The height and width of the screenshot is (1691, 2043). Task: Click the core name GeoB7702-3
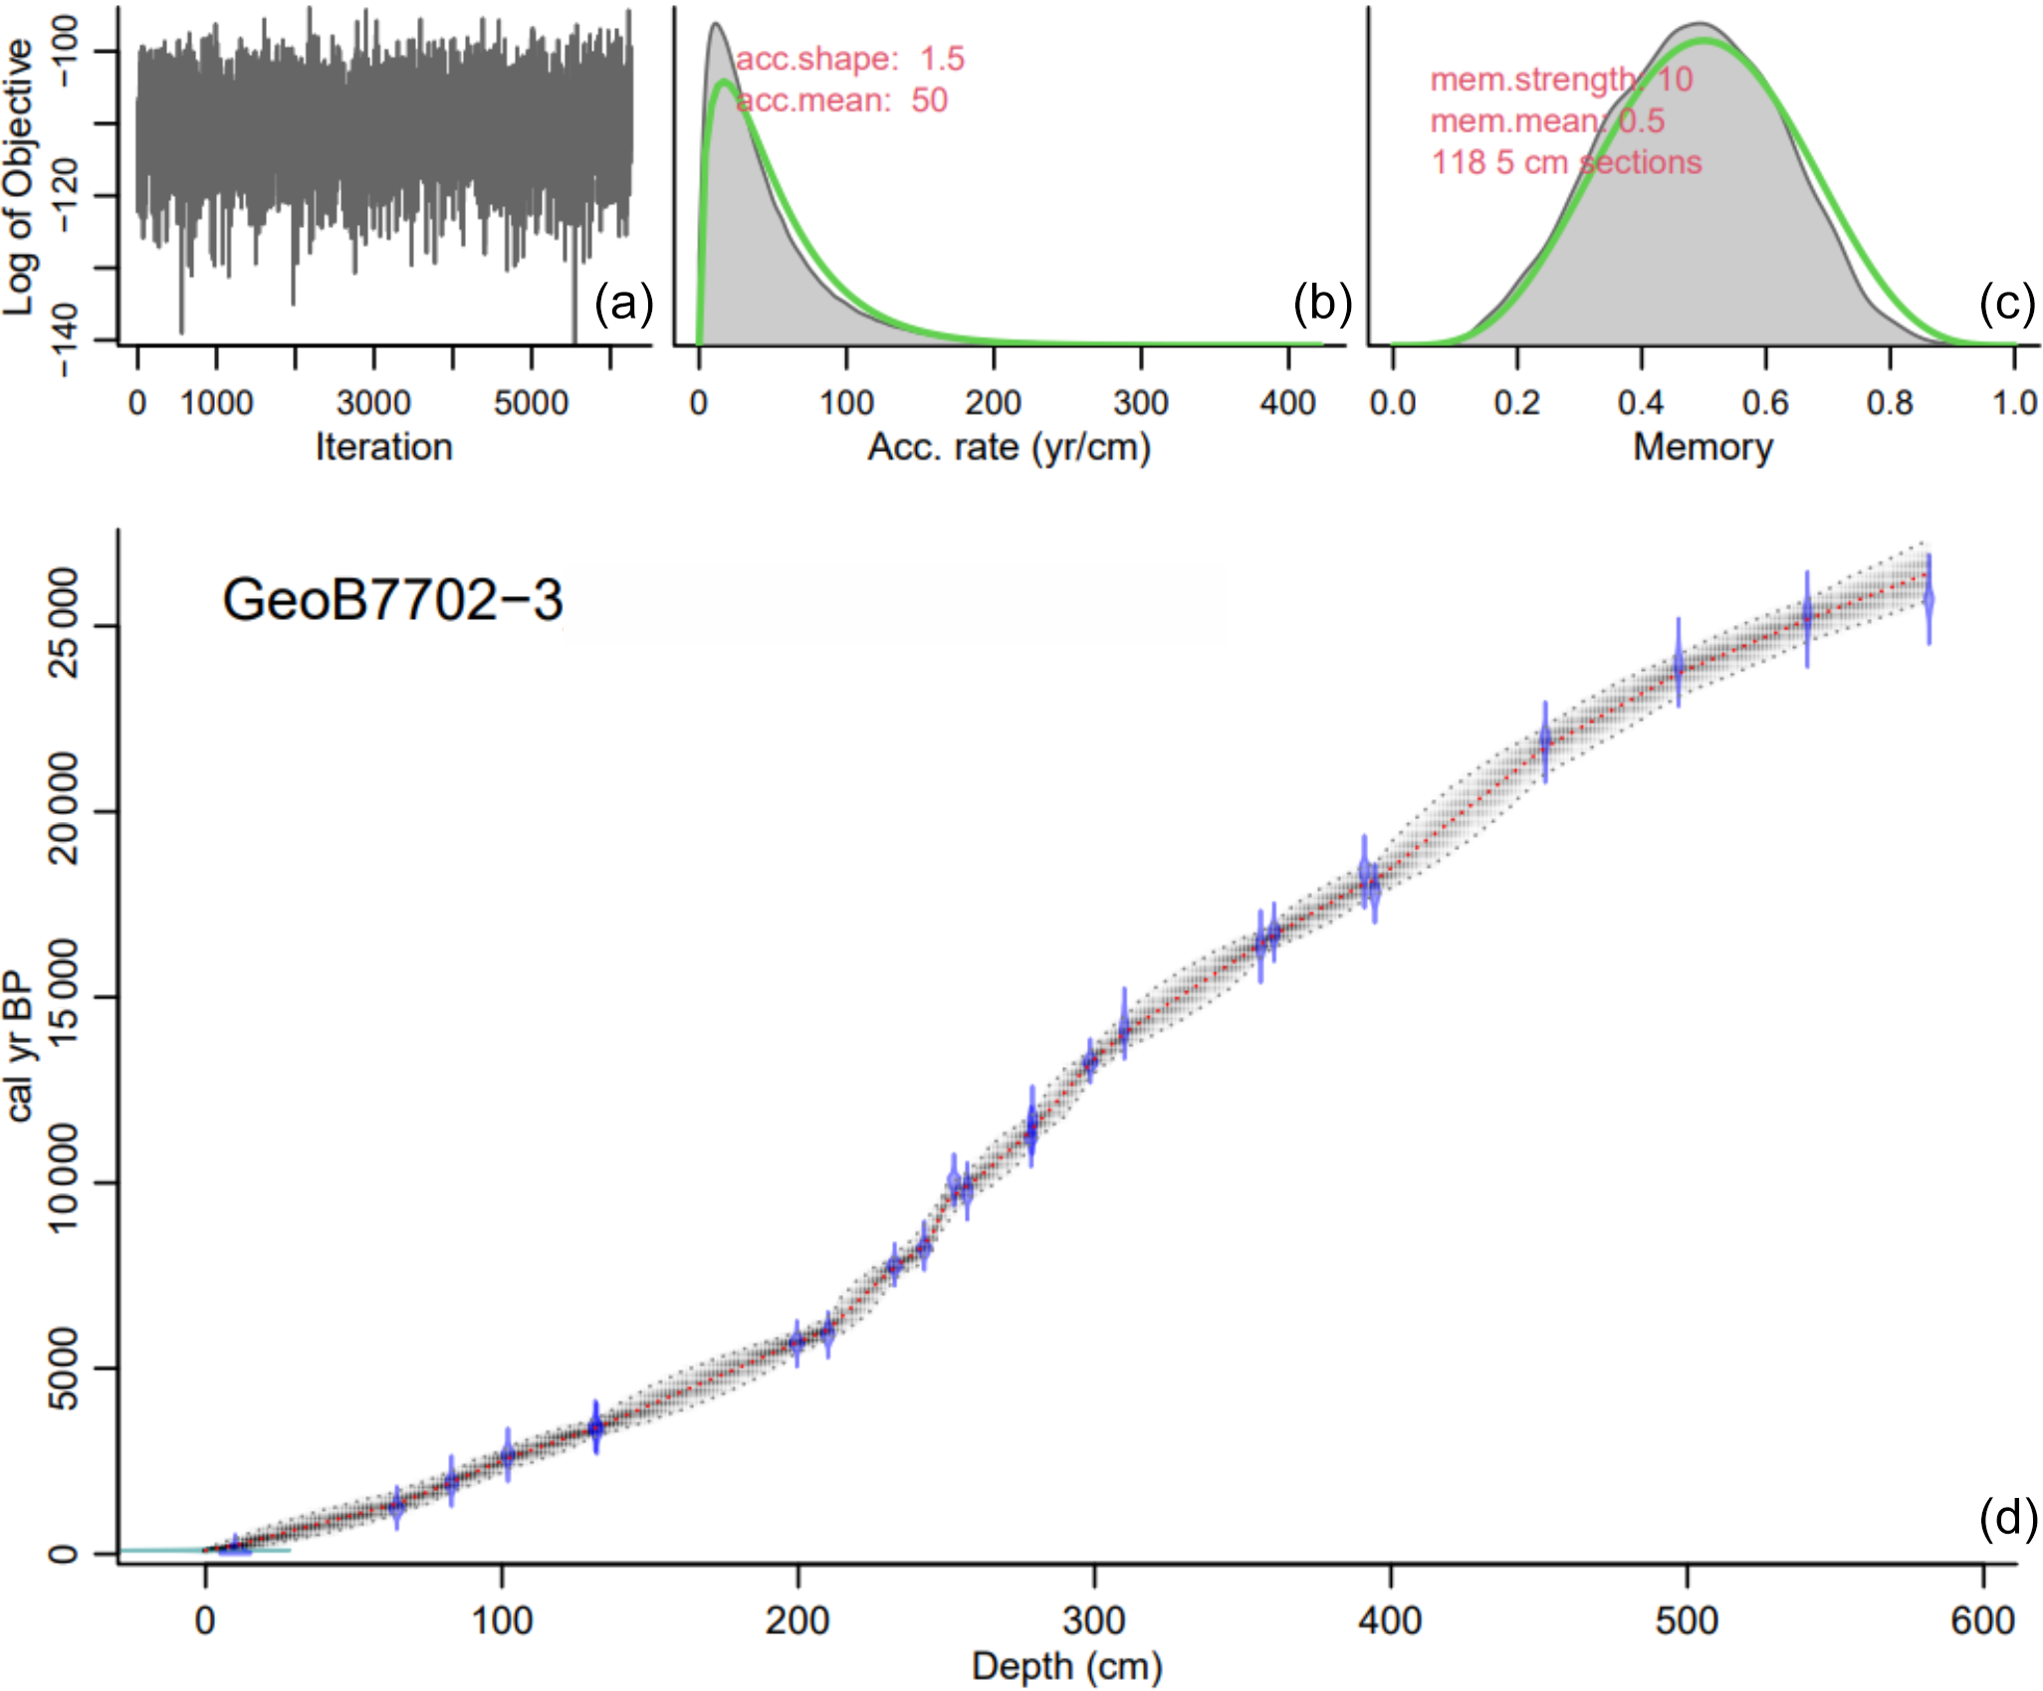point(392,600)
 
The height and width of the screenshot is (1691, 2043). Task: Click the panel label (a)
point(623,303)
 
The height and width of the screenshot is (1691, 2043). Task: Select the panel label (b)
point(1321,303)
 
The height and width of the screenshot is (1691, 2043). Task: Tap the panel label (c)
point(2007,303)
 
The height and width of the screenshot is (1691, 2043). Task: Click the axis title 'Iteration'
point(383,448)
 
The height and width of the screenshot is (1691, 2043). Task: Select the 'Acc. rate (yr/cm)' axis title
point(1009,448)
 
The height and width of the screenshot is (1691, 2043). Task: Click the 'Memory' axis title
point(1702,448)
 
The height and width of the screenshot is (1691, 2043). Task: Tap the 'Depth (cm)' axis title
point(1066,1666)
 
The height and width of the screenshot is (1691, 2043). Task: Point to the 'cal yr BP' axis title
point(20,1048)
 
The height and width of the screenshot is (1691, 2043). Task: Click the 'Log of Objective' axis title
point(20,177)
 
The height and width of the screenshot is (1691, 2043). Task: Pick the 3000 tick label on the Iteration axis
point(373,403)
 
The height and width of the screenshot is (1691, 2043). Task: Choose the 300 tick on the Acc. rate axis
point(1140,403)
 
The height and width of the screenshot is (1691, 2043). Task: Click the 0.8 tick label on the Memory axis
point(1890,403)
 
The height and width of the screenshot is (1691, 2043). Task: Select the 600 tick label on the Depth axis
point(1982,1620)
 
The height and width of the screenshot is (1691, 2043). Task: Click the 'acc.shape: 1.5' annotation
point(850,59)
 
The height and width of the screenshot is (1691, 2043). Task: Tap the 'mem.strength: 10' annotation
point(1561,80)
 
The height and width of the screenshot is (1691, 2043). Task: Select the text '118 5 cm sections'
point(1566,162)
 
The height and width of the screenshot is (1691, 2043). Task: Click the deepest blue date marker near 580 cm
point(1929,600)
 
